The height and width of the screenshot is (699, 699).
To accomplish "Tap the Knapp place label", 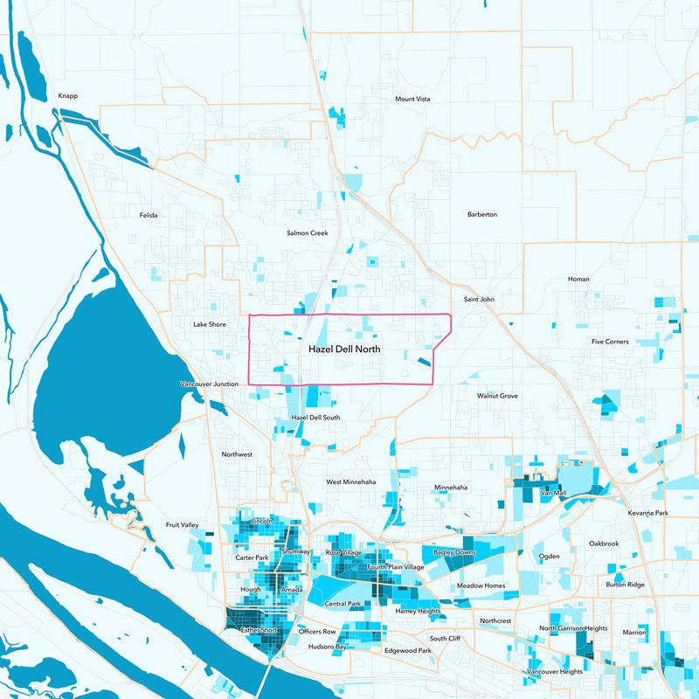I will tap(67, 96).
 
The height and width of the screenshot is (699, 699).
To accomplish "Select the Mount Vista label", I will tap(412, 99).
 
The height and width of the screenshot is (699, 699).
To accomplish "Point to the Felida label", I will tap(149, 214).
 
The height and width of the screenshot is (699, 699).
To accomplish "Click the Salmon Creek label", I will tap(307, 233).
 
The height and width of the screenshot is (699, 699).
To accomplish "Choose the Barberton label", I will tap(482, 214).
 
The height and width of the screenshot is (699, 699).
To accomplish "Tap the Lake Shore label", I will tap(210, 324).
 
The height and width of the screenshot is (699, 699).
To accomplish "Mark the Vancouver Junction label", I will tap(210, 384).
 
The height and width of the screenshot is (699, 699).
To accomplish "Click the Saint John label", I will tap(479, 299).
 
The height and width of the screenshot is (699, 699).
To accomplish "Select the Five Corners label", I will tap(610, 342).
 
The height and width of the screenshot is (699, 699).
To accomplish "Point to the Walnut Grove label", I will tap(497, 396).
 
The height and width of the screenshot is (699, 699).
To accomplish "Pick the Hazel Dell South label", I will tap(315, 418).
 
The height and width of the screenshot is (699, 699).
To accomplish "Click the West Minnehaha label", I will tap(351, 481).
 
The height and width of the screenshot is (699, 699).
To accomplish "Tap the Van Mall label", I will tap(554, 494).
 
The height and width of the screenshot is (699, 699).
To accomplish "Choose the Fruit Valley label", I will tap(183, 525).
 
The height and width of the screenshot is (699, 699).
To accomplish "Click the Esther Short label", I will tap(259, 629).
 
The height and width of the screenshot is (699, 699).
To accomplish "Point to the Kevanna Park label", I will tap(647, 512).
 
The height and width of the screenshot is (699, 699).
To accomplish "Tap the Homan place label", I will tap(578, 279).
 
